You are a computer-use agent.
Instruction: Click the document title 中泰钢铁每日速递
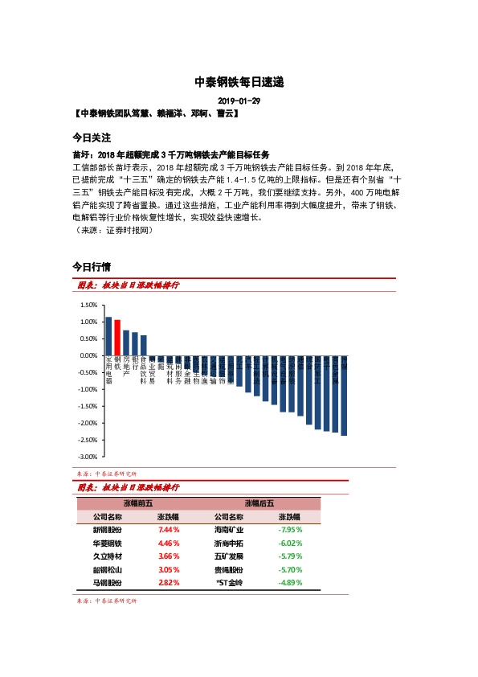[239, 83]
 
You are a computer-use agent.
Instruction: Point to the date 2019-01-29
[239, 101]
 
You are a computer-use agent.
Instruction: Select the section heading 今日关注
[92, 137]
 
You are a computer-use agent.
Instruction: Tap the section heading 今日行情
[92, 266]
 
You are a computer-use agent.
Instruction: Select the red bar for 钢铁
[117, 338]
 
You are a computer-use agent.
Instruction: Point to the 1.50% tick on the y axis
[88, 305]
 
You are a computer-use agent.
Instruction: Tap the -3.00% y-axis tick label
[88, 457]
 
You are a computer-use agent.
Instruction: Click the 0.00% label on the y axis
[88, 355]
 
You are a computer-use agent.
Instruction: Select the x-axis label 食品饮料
[144, 371]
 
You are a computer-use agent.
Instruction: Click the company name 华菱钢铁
[108, 544]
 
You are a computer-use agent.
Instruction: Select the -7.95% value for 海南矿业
[288, 531]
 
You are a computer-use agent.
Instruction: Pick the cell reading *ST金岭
[229, 582]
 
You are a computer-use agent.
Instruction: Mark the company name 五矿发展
[229, 556]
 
